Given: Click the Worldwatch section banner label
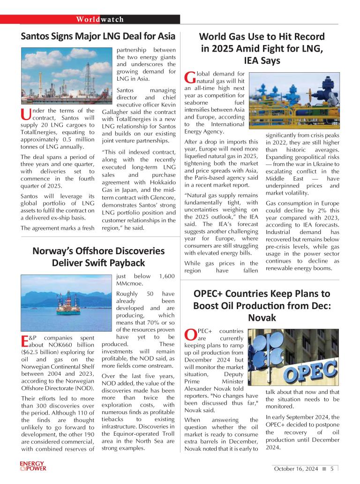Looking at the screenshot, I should point(100,19).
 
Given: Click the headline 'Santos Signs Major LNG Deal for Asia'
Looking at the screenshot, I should point(98,36).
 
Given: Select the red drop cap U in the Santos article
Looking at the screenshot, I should point(25,114).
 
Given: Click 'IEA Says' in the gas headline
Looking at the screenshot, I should point(262,60).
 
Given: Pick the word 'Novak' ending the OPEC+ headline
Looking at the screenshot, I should point(262,318).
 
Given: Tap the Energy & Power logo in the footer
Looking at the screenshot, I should point(33,466).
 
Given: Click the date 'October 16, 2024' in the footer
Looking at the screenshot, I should point(296,469).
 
